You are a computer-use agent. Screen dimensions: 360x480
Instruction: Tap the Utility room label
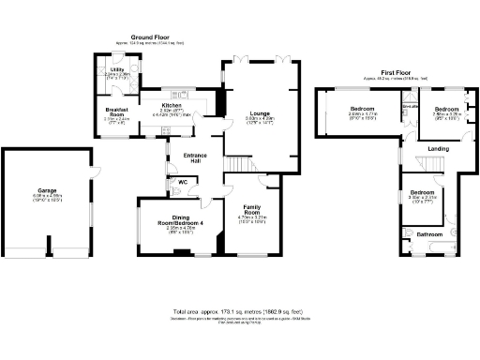click(117, 69)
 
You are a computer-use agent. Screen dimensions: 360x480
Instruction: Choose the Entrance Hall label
click(195, 157)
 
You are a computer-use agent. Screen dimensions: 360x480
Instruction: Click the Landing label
click(438, 149)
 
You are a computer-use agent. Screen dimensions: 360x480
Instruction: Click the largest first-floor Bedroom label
click(355, 109)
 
